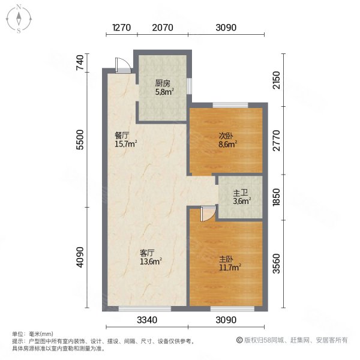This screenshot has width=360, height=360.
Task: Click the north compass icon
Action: click(19, 19)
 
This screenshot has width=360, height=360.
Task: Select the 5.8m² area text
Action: click(164, 92)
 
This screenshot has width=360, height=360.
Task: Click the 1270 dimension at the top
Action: click(121, 27)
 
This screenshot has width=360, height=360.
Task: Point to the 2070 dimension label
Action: click(163, 27)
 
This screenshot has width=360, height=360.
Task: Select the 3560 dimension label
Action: click(276, 262)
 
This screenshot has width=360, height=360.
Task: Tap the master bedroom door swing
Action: click(206, 214)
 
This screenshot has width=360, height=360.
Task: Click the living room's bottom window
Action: click(145, 308)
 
